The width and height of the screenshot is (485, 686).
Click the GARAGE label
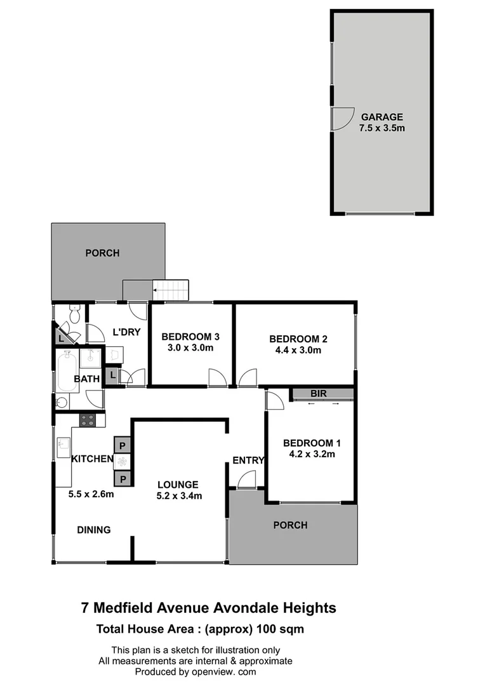coord(382,117)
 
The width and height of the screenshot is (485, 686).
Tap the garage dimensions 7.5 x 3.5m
coord(382,128)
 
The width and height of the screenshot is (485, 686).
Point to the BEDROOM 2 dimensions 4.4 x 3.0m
coord(295,350)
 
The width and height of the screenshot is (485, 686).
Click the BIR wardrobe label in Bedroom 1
coord(319,394)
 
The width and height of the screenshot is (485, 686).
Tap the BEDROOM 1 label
coord(308,443)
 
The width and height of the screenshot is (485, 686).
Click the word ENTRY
coord(245,460)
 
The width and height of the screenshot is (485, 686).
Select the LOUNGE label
coord(179,485)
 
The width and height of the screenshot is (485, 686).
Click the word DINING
coord(94,530)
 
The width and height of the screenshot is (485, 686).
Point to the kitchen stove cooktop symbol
coord(88,420)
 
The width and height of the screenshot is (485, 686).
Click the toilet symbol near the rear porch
coord(74,314)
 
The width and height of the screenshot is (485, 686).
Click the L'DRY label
coord(126,332)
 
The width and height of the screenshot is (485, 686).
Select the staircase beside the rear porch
coord(171,292)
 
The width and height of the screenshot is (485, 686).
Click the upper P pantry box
coord(122,443)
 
